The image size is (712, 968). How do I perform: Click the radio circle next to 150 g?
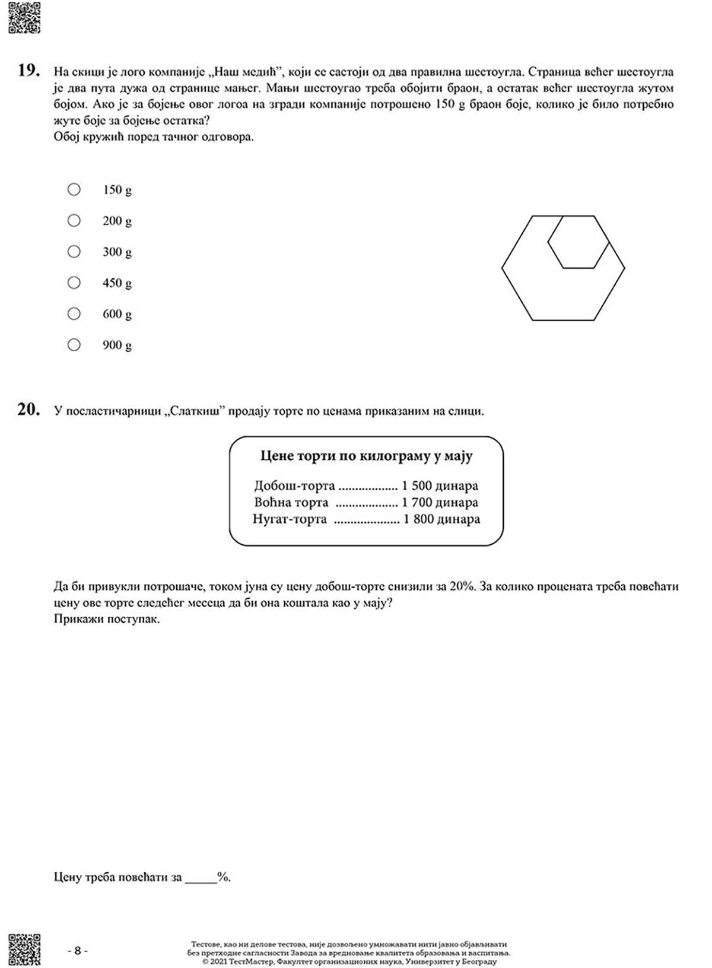click(x=74, y=189)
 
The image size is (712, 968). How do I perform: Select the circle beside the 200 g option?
click(x=74, y=220)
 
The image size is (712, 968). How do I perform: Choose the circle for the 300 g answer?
click(x=74, y=252)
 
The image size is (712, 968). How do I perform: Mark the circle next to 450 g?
click(x=74, y=283)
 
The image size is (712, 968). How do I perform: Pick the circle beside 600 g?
click(x=74, y=313)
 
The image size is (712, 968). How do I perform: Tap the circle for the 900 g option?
click(x=74, y=344)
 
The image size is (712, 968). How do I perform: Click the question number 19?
click(x=28, y=71)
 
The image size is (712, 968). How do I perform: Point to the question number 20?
click(x=28, y=410)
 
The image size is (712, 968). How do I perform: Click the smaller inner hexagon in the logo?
click(x=578, y=242)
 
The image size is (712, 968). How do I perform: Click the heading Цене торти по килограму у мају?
click(x=366, y=456)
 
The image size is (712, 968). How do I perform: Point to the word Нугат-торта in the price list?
click(x=290, y=519)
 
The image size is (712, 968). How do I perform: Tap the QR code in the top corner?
click(x=24, y=17)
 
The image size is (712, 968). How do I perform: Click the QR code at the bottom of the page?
click(x=24, y=950)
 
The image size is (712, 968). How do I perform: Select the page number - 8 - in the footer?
click(x=77, y=950)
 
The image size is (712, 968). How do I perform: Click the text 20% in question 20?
click(x=462, y=586)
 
